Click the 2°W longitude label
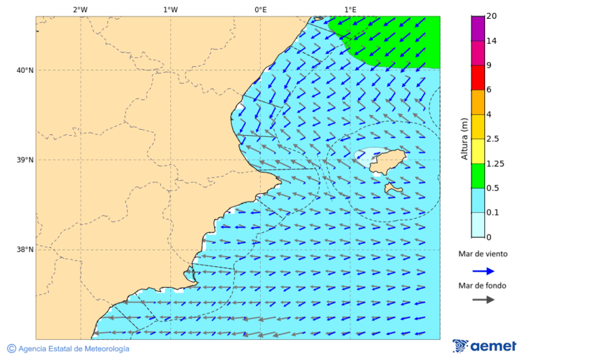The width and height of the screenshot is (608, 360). [80, 9]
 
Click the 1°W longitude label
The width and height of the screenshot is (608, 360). [170, 9]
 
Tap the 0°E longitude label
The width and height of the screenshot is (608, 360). [260, 9]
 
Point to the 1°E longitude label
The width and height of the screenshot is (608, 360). [350, 9]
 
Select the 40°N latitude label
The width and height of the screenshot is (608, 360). [25, 70]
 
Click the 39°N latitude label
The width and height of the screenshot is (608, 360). [25, 160]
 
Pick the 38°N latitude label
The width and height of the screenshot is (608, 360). [25, 250]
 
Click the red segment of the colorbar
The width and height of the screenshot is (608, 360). [478, 78]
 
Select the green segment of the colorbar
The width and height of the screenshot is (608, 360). [478, 176]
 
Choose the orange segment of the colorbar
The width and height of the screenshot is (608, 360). [478, 102]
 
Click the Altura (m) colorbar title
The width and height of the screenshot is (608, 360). [464, 138]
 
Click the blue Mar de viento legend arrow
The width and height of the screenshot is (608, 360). [483, 271]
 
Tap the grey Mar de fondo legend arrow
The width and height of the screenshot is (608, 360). [483, 300]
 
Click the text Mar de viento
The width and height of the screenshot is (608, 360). [483, 255]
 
